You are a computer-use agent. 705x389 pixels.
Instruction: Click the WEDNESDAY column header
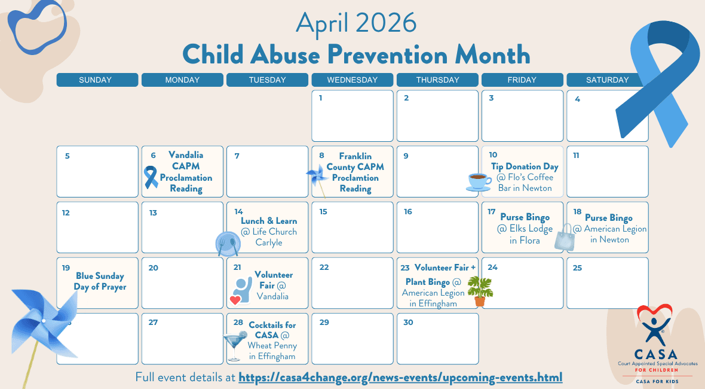click(x=352, y=80)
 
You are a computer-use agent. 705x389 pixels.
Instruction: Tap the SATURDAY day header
click(x=607, y=80)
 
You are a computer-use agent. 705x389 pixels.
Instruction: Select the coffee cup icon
click(x=479, y=182)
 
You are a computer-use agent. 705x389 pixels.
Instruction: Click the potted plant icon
click(x=480, y=291)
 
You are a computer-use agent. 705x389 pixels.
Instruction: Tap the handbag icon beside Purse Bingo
click(x=565, y=237)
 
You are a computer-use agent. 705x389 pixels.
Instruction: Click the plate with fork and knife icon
click(x=228, y=244)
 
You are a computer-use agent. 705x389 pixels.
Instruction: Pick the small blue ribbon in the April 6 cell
click(x=151, y=177)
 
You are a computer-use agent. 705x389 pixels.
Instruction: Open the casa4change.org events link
click(x=400, y=377)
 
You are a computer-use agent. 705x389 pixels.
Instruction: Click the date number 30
click(x=408, y=323)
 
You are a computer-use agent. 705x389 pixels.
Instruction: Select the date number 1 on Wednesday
click(x=321, y=98)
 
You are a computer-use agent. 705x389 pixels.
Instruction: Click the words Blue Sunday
click(x=100, y=275)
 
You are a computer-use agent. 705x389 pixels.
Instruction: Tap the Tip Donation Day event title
click(x=525, y=166)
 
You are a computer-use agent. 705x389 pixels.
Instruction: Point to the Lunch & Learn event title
click(x=269, y=221)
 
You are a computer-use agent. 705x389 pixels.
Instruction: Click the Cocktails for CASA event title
click(x=272, y=330)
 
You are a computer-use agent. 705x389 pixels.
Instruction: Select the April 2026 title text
click(x=356, y=23)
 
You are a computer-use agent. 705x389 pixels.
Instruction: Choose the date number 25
click(x=577, y=268)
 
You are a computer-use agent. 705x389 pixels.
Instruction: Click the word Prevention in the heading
click(x=388, y=54)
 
